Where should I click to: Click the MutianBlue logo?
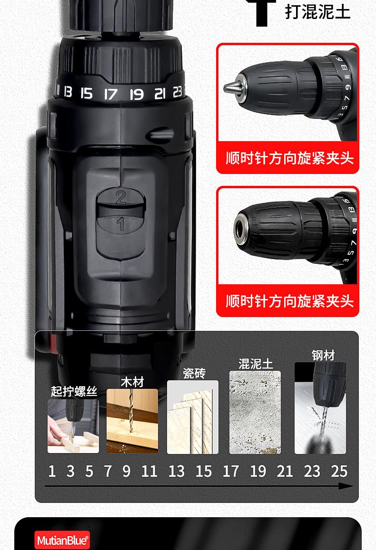(62, 540)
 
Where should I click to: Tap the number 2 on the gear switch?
(121, 196)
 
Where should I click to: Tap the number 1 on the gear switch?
(121, 223)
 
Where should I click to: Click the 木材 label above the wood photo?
(132, 382)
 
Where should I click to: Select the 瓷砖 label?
(194, 373)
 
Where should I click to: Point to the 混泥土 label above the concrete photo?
(256, 364)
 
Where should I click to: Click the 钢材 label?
(323, 355)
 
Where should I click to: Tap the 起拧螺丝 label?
(74, 391)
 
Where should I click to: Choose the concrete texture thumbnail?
(255, 412)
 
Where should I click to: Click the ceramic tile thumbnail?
(193, 417)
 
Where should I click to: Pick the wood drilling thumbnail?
(132, 421)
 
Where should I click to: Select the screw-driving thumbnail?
(73, 426)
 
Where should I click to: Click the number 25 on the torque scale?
(339, 471)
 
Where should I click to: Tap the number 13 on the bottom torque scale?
(176, 471)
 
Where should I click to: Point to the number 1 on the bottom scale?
(52, 471)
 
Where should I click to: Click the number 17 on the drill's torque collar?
(110, 94)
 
